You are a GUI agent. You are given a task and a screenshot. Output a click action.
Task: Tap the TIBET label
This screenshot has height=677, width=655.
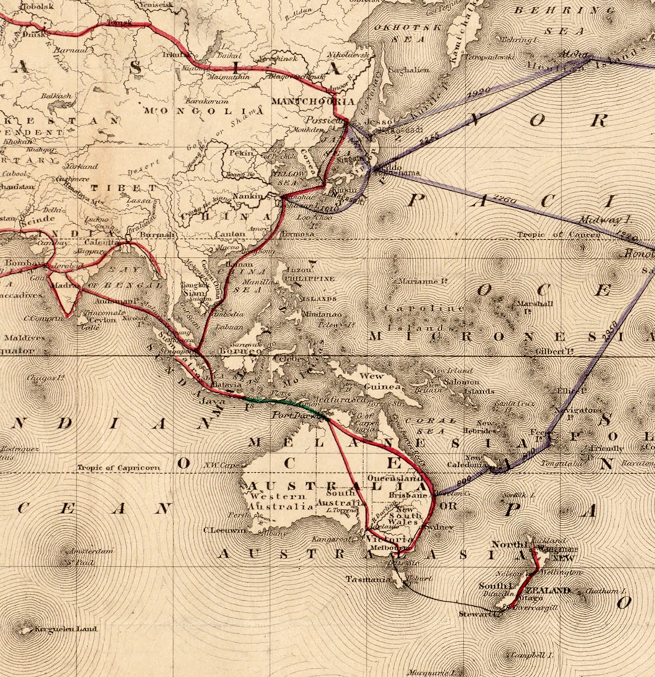123,188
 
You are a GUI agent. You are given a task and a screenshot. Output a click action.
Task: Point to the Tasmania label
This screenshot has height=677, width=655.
368,579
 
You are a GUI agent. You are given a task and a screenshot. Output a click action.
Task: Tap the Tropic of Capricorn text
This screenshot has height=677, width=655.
118,467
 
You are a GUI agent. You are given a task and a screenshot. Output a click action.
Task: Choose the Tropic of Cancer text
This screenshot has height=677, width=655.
559,235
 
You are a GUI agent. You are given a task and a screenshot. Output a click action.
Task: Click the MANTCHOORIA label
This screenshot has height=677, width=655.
313,101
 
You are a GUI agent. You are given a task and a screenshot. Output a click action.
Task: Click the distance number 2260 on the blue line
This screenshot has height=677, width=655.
504,200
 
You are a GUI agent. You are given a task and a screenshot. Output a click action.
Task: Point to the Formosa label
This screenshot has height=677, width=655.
297,234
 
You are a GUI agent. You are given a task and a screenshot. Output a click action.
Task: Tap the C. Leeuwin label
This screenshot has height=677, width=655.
224,530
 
